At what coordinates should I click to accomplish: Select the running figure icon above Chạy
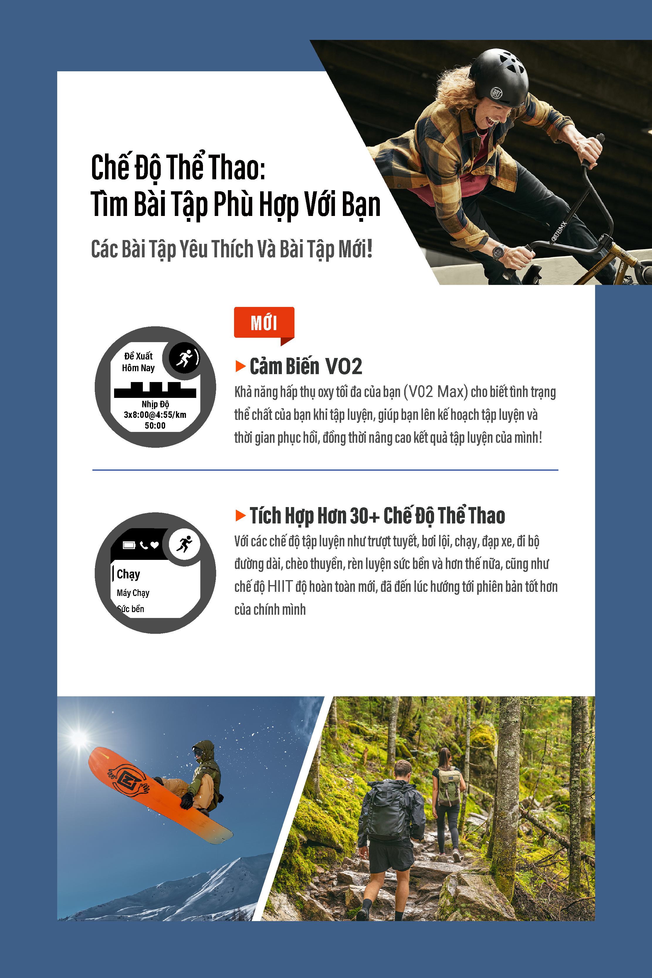tap(184, 544)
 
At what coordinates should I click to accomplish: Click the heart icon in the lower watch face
tap(155, 545)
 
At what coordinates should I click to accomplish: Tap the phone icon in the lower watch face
tap(144, 545)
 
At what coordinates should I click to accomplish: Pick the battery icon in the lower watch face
tap(129, 545)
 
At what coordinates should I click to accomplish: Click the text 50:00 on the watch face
tap(155, 425)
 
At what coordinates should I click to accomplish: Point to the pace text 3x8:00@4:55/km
tap(155, 415)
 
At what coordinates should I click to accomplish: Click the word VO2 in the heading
tap(343, 366)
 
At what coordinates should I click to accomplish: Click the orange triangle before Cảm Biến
tap(240, 366)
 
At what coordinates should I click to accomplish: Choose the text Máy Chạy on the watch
tap(133, 593)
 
